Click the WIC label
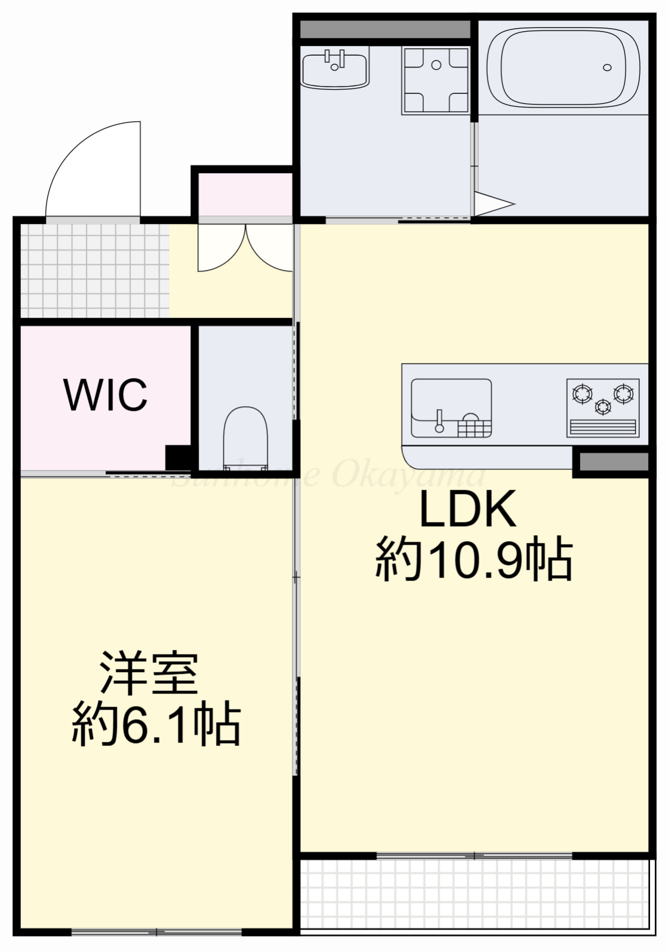pos(106,395)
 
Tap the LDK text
pos(468,509)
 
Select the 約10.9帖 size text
pos(474,560)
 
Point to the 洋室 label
pos(149,674)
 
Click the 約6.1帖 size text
pos(156,724)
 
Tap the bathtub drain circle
pos(608,67)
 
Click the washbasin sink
pos(335,70)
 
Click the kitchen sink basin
pos(451,407)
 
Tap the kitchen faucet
pos(440,420)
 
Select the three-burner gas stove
pos(602,407)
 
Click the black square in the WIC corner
pos(177,458)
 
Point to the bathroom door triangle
pos(492,204)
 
